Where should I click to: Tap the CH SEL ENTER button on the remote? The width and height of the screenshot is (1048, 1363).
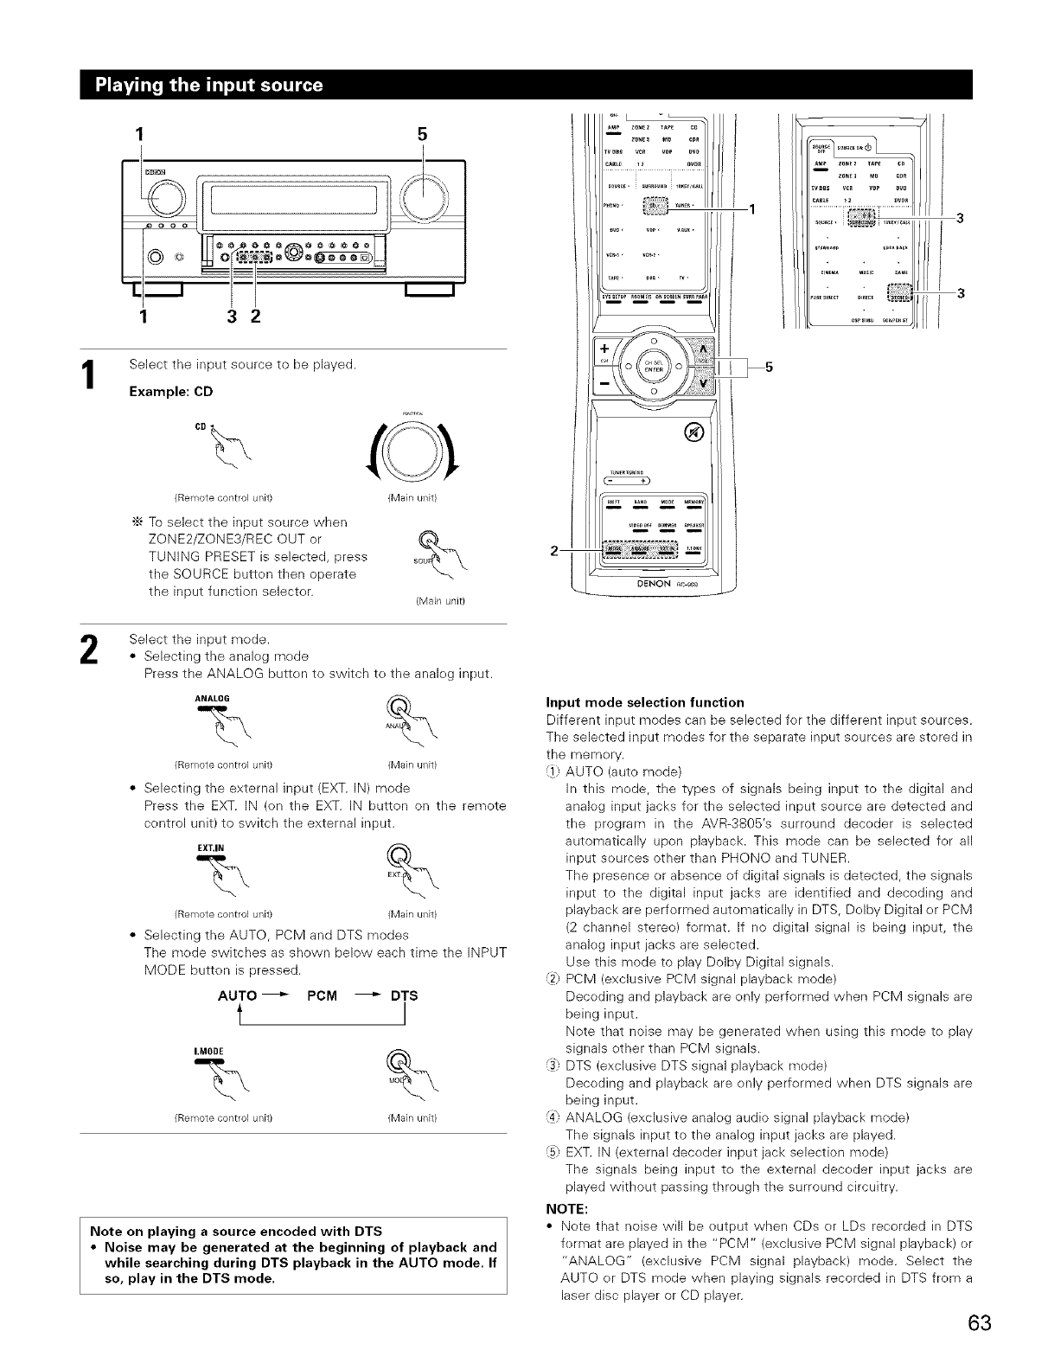[x=652, y=364]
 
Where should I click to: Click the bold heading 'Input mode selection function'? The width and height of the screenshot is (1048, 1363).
[x=645, y=701]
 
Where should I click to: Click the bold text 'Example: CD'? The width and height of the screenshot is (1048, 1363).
[x=171, y=391]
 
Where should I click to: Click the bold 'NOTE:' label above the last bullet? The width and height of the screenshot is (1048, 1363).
[x=566, y=1208]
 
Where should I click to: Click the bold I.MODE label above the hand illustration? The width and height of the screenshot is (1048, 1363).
[x=211, y=1051]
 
